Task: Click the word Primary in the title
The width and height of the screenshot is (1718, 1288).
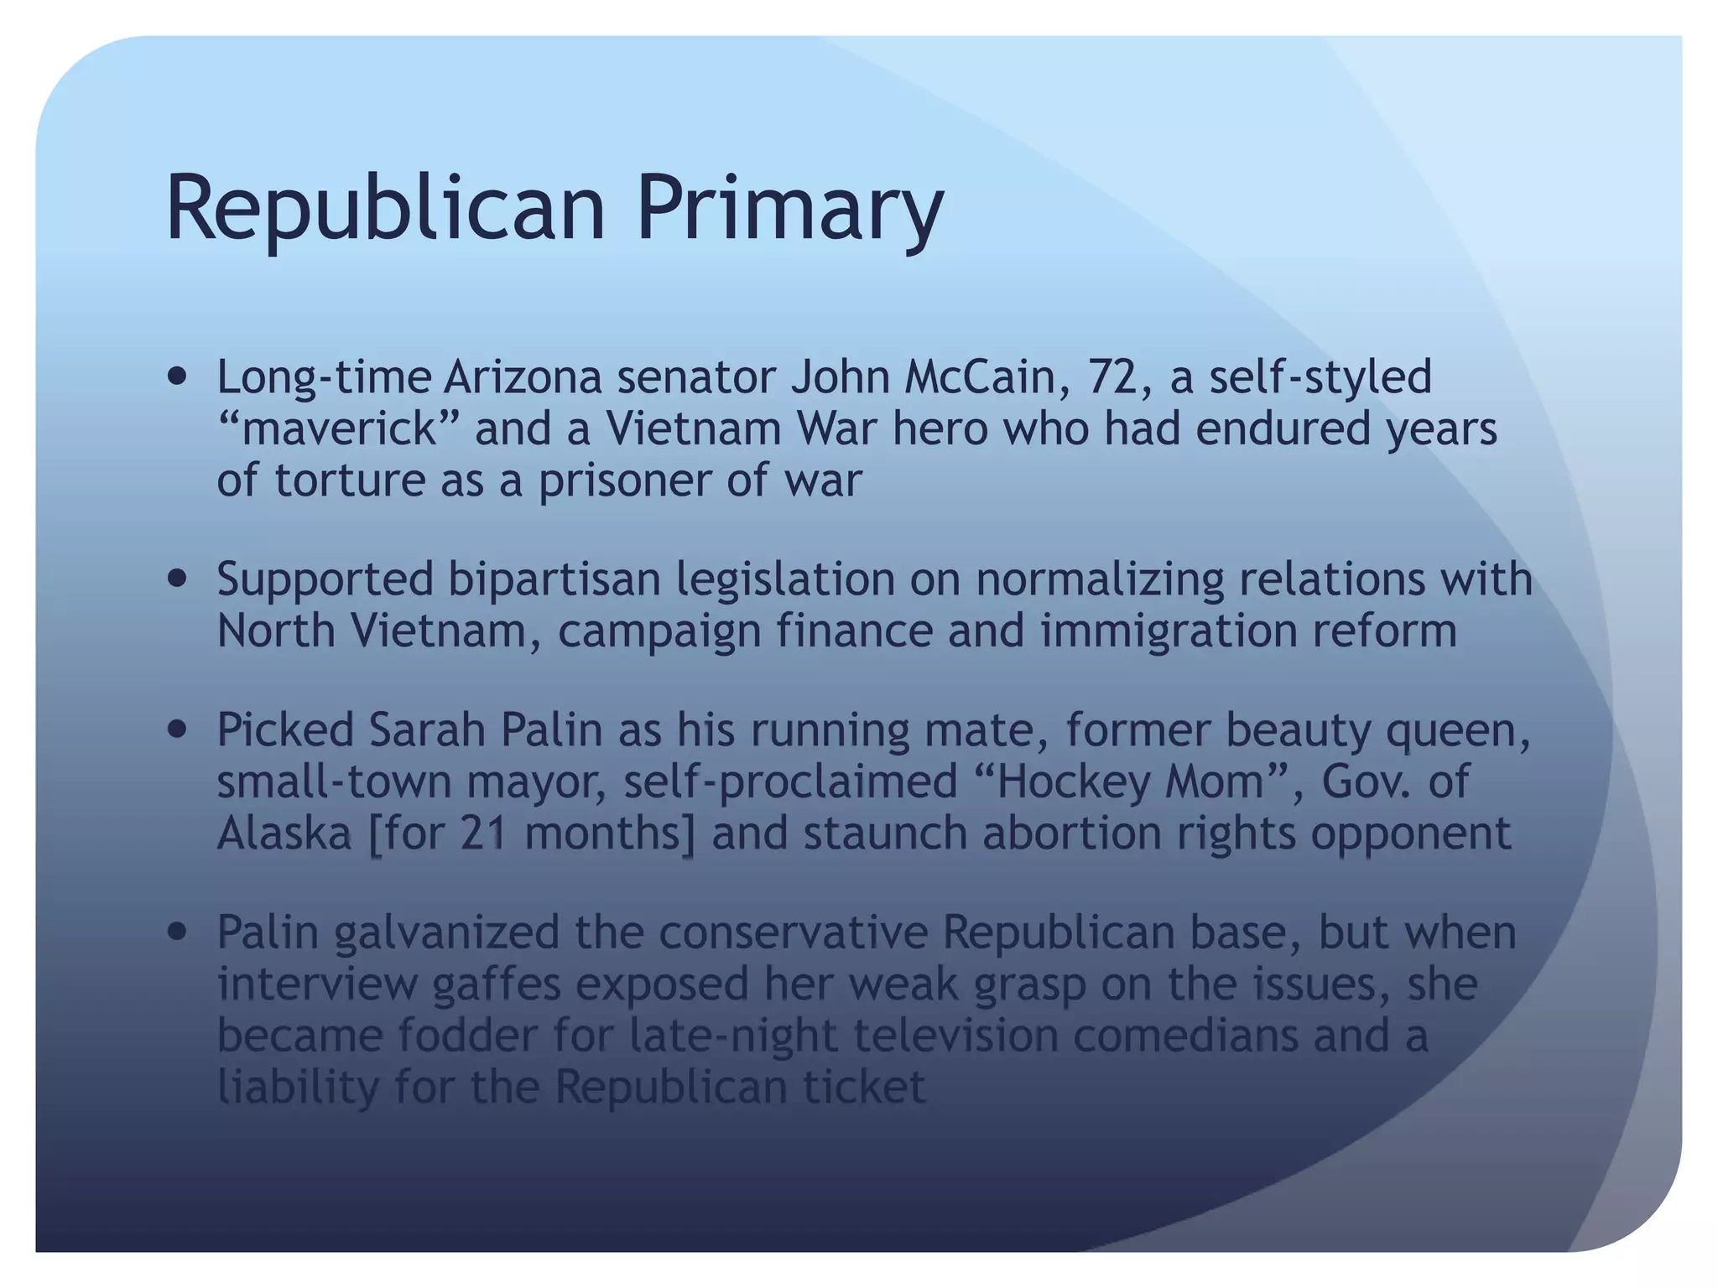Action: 789,208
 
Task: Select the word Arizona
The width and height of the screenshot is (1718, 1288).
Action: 523,377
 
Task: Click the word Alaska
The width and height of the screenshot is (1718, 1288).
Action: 284,834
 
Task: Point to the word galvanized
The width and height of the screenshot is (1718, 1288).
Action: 446,932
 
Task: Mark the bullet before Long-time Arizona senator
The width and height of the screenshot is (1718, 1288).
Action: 176,377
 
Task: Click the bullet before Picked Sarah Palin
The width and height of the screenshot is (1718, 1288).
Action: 176,730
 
